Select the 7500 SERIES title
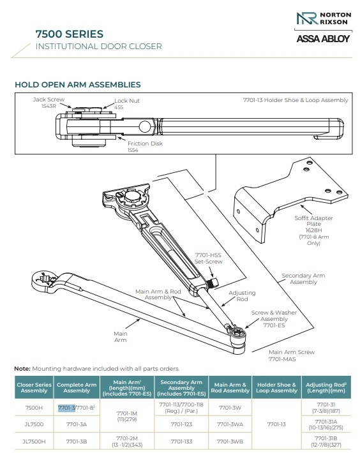click(x=70, y=34)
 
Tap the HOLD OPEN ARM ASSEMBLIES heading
click(x=77, y=85)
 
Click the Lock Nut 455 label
click(x=126, y=104)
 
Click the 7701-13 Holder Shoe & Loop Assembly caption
click(x=296, y=100)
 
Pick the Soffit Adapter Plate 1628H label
click(x=308, y=228)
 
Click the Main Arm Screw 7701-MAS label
click(x=290, y=355)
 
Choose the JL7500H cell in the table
click(x=34, y=440)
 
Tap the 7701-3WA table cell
click(x=230, y=422)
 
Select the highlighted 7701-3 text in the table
click(x=66, y=407)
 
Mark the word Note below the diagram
click(x=22, y=369)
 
